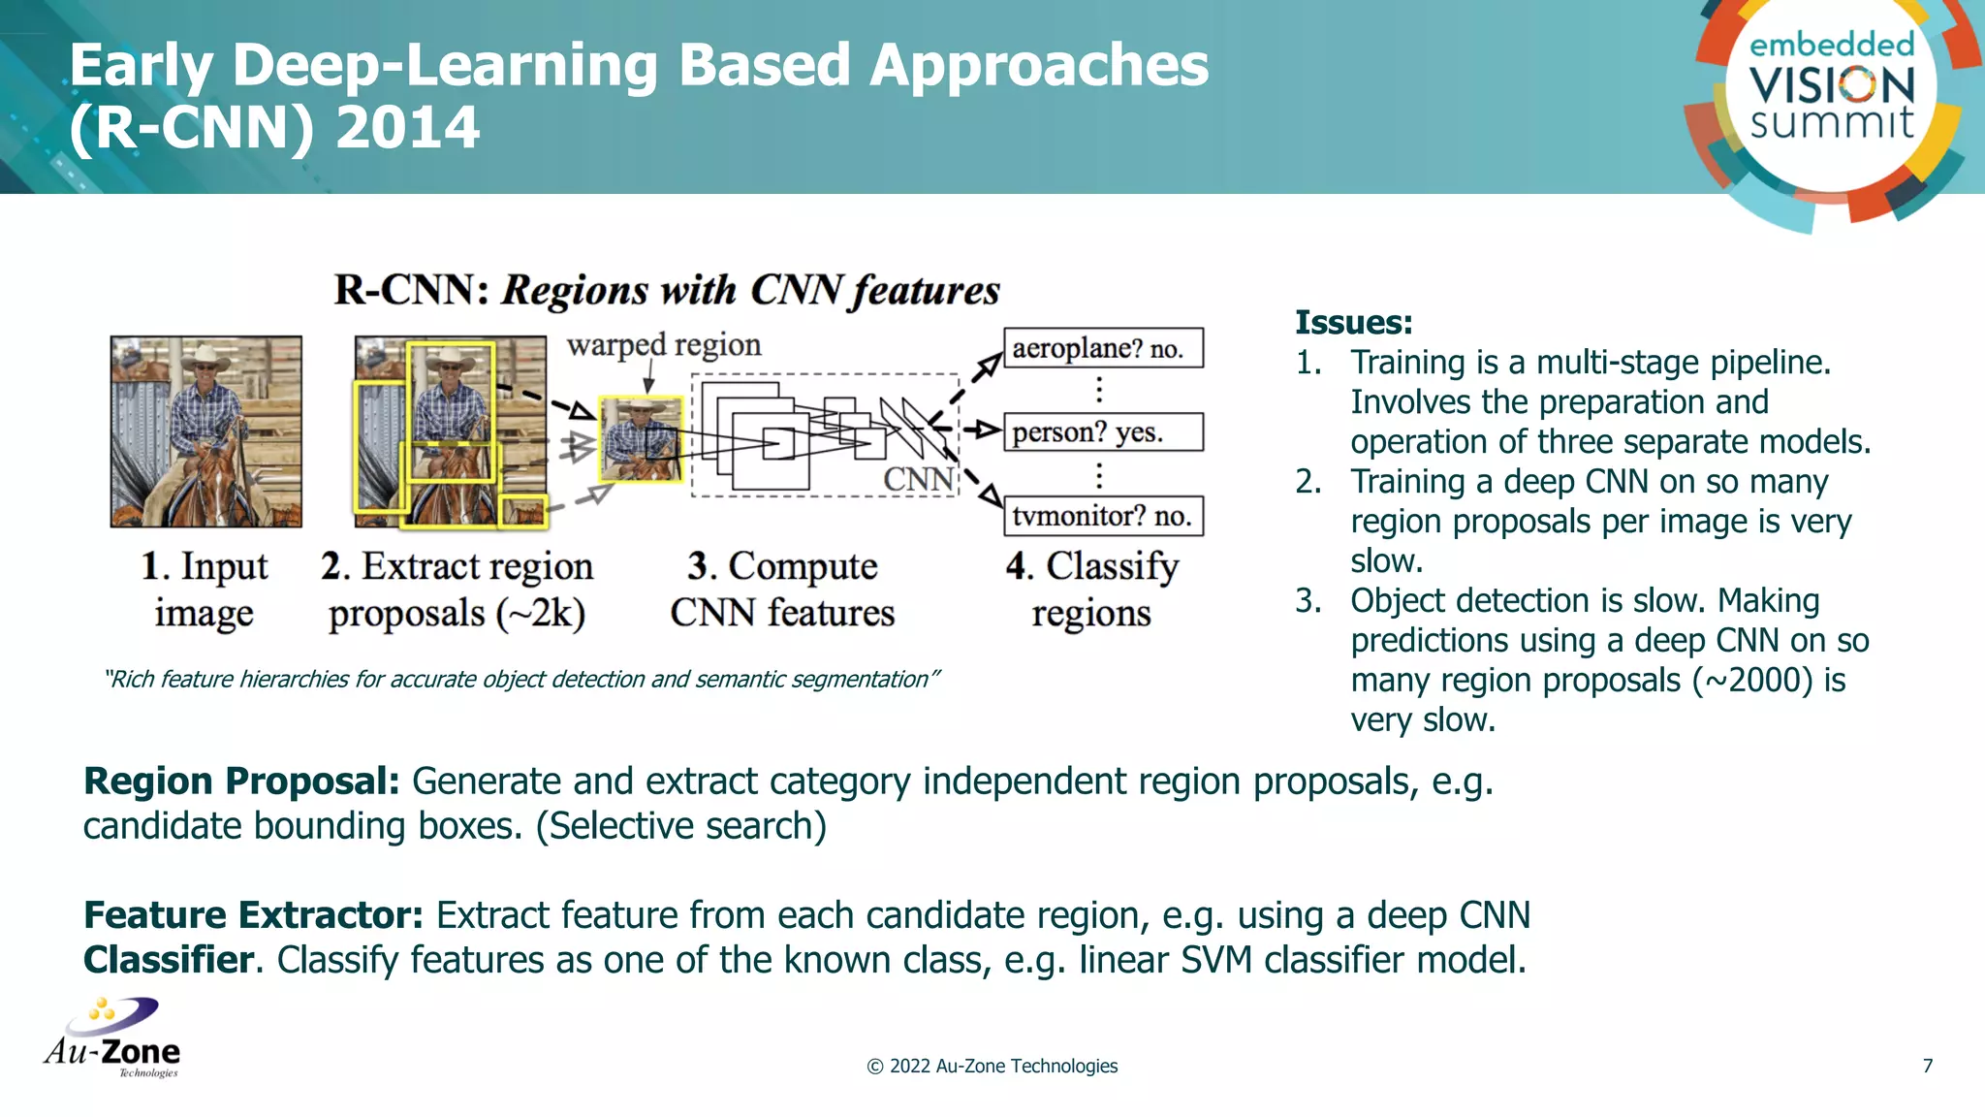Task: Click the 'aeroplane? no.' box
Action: click(1103, 348)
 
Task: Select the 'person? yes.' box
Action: click(1103, 432)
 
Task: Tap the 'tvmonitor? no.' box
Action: click(1103, 516)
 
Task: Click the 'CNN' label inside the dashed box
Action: click(918, 479)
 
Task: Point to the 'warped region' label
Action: click(664, 345)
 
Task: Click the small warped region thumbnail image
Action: click(641, 439)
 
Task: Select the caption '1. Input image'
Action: click(205, 589)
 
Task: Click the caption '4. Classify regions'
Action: click(1091, 589)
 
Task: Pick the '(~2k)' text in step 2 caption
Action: click(541, 614)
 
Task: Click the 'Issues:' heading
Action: click(1353, 322)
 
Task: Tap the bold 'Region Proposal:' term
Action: click(241, 782)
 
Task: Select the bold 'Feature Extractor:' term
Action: click(253, 915)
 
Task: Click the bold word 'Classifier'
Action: click(169, 960)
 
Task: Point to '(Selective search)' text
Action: click(681, 826)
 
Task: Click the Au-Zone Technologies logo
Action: click(112, 1037)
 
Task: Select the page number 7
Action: click(1927, 1066)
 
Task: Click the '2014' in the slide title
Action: click(407, 128)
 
